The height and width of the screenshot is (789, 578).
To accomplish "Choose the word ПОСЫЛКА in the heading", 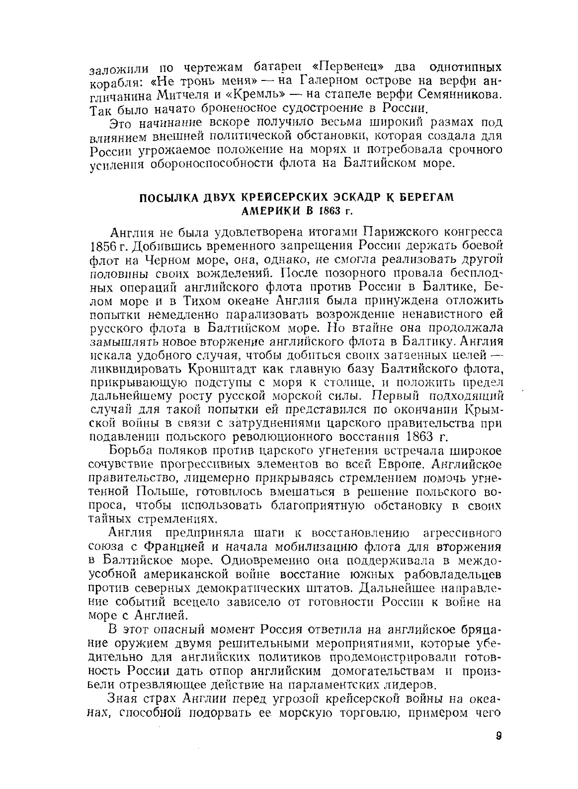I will click(168, 198).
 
